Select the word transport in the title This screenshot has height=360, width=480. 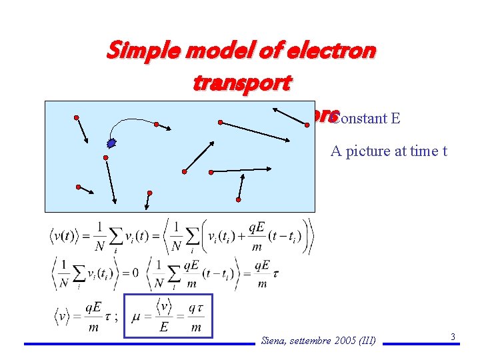pyautogui.click(x=241, y=83)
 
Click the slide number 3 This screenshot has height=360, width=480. pyautogui.click(x=453, y=337)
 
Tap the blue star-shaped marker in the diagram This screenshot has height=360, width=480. pyautogui.click(x=111, y=142)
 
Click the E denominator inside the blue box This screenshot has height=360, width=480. pyautogui.click(x=164, y=327)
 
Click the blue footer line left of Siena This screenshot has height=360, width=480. pyautogui.click(x=139, y=344)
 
